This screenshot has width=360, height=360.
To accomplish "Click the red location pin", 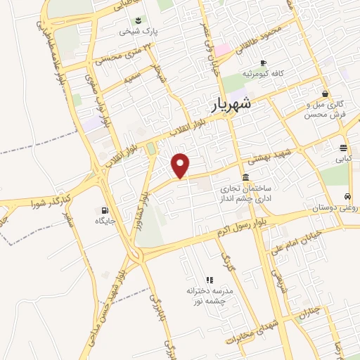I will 181,165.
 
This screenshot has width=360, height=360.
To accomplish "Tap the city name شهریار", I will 236,106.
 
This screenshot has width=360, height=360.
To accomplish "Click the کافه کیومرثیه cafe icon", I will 263,62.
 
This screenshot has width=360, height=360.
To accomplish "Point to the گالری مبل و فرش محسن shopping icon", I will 324,93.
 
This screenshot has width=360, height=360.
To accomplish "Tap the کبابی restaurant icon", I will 342,148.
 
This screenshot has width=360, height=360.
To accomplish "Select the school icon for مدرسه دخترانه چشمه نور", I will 208,279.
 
